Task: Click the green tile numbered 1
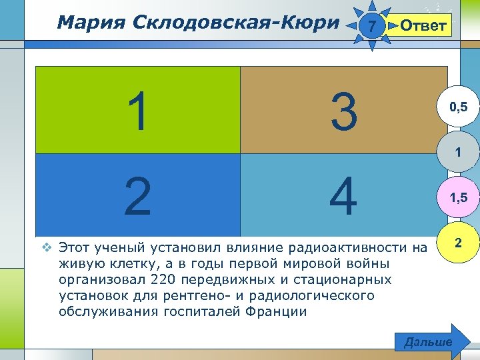[137, 110]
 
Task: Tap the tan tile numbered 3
[344, 110]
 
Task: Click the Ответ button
[422, 26]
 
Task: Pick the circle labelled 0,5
[457, 107]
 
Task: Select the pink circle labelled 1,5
[457, 198]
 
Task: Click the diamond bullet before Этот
[47, 248]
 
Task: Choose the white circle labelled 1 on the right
[457, 153]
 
